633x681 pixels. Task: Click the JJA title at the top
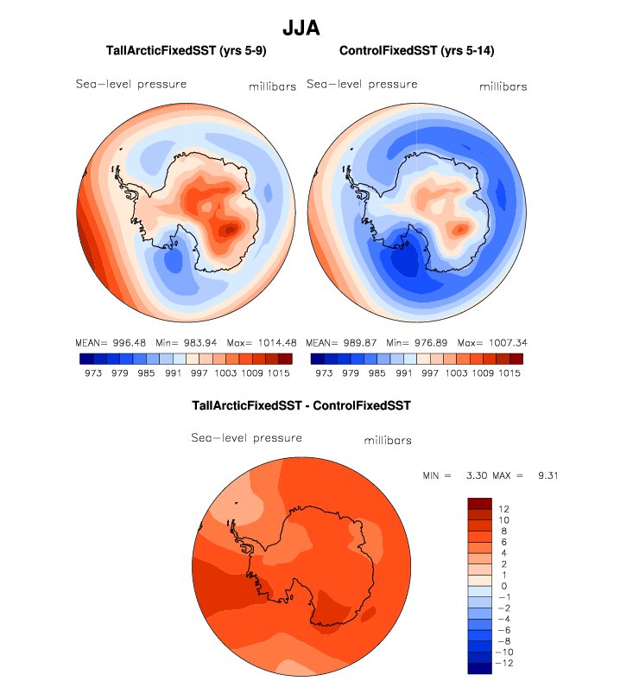tap(301, 28)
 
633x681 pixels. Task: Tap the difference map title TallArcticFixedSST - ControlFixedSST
tap(301, 404)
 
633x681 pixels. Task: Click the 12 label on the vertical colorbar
tap(504, 508)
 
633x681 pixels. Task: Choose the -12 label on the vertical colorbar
tap(506, 663)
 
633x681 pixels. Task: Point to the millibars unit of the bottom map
tap(386, 441)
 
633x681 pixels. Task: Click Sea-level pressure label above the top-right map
tap(363, 85)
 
